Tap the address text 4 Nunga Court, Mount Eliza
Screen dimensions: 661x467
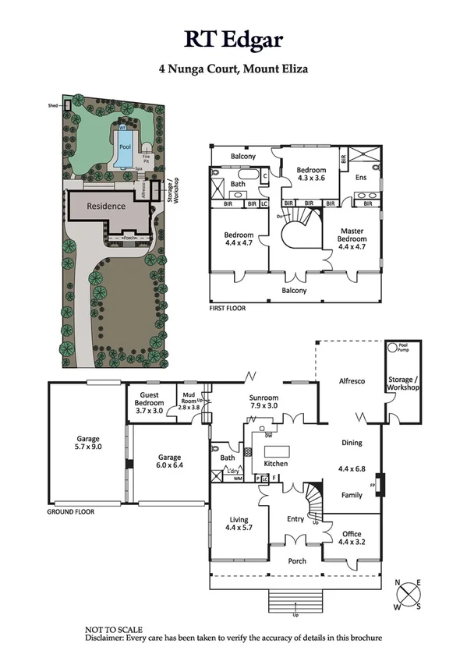pyautogui.click(x=233, y=69)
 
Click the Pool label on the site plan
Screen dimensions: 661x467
pyautogui.click(x=125, y=146)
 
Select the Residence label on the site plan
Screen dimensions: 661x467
pyautogui.click(x=105, y=207)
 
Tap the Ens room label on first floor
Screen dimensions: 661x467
pyautogui.click(x=360, y=178)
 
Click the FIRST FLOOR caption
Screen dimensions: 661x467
pyautogui.click(x=228, y=309)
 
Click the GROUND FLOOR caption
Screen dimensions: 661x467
pyautogui.click(x=70, y=512)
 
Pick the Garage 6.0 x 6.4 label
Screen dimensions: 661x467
pyautogui.click(x=169, y=461)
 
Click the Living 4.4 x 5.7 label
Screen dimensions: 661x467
pyautogui.click(x=238, y=524)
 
